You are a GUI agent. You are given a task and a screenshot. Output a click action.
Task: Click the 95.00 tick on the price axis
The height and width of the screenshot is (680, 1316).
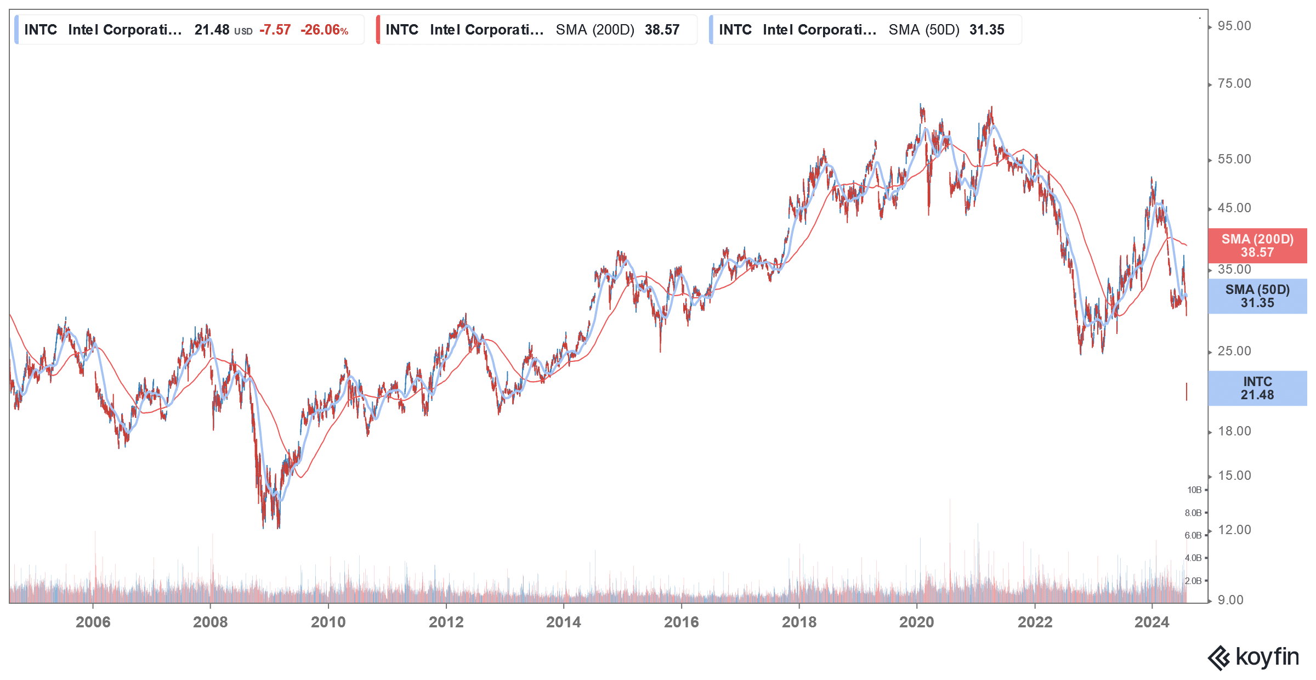pos(1234,26)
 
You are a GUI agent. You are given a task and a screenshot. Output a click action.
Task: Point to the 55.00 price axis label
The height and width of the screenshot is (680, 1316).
pos(1234,160)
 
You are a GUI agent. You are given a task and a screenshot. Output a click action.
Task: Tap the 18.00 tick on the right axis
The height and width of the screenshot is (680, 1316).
pos(1234,431)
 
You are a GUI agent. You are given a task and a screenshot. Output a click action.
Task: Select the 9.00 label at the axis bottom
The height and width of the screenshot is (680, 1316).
pos(1230,600)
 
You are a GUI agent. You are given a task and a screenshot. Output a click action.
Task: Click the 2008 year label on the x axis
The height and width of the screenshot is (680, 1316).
pos(210,622)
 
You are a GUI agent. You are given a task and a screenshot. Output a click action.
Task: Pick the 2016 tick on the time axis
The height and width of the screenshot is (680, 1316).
pos(681,622)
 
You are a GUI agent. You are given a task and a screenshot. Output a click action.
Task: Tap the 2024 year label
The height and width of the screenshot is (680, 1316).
pos(1151,622)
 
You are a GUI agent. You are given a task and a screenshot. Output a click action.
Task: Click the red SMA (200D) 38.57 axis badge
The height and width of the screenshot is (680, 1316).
pos(1257,246)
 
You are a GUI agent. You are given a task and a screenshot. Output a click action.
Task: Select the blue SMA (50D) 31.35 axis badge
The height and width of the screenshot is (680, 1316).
pos(1257,296)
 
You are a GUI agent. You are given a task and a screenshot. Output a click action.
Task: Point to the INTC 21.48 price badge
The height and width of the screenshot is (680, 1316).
pos(1257,388)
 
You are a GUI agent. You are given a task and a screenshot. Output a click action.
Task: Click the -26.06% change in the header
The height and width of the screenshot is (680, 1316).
pos(324,30)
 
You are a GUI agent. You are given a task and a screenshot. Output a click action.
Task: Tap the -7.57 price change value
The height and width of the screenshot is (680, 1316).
pos(275,30)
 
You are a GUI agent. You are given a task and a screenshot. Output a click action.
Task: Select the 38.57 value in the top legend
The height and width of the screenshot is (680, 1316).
pos(662,30)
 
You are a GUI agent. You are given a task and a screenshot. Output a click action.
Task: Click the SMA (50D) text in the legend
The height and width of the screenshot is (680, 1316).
pos(924,30)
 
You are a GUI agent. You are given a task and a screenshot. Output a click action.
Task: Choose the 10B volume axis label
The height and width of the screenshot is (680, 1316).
pos(1194,490)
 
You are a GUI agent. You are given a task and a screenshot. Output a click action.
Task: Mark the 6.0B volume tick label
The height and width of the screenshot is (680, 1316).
pos(1193,535)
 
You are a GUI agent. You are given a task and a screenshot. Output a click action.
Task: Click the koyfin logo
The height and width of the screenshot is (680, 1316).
pos(1253,658)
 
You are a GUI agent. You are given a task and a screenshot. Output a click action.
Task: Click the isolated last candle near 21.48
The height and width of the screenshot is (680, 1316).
pos(1187,392)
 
